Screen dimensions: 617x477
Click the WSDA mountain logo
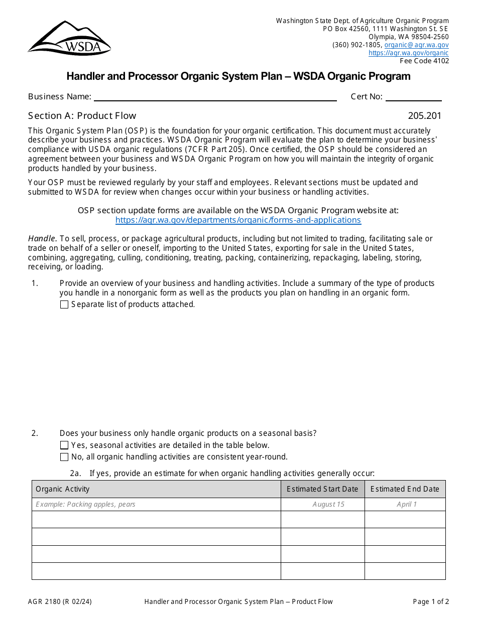click(69, 38)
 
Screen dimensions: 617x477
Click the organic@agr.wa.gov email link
click(416, 45)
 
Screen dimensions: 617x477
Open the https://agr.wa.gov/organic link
click(408, 53)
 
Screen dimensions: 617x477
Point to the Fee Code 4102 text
click(424, 61)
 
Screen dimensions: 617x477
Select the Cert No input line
click(413, 97)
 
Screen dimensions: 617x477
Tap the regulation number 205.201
click(424, 116)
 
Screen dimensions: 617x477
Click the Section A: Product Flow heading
click(82, 116)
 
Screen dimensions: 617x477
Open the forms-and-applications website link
click(238, 220)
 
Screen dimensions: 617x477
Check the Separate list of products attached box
click(64, 304)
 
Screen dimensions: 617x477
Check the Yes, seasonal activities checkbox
click(64, 445)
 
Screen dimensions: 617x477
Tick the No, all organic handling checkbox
click(64, 457)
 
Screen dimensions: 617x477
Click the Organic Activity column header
click(63, 489)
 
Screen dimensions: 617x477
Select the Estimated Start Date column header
click(322, 489)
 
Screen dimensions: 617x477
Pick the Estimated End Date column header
click(405, 489)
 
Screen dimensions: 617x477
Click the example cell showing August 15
click(328, 504)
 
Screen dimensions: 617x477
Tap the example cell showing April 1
click(406, 504)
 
